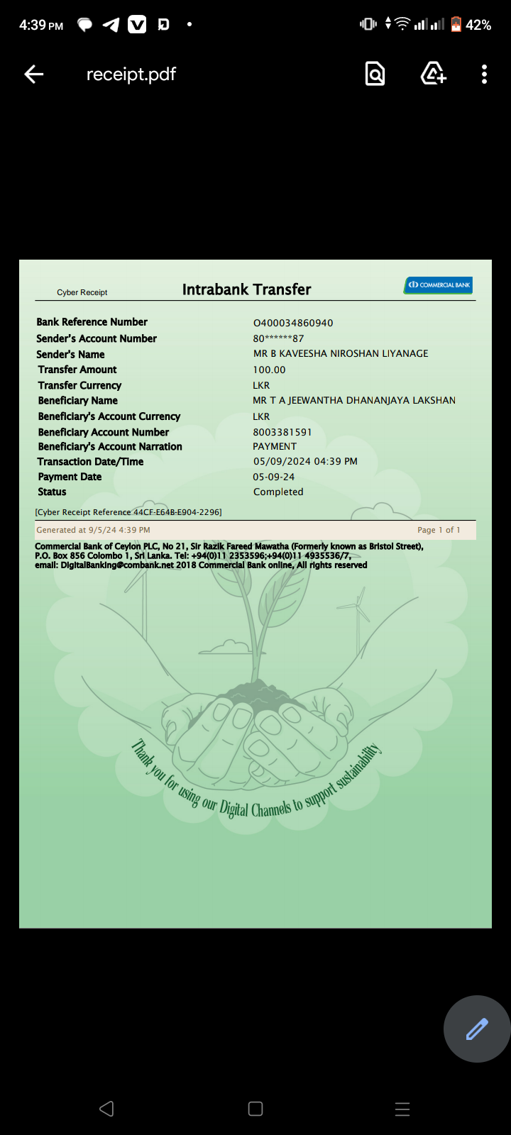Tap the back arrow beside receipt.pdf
[x=33, y=74]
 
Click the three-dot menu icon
[x=484, y=74]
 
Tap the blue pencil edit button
[x=477, y=1029]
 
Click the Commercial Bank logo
[x=439, y=285]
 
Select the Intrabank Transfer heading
[x=246, y=289]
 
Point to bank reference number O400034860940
[x=293, y=323]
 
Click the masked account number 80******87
[x=278, y=338]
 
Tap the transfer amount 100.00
[x=269, y=370]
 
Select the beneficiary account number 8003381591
[x=282, y=432]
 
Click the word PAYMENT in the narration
[x=275, y=446]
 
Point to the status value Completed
[x=278, y=492]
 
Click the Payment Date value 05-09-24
[x=274, y=477]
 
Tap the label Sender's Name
[x=70, y=354]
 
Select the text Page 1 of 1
[x=439, y=530]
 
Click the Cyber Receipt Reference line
[x=128, y=511]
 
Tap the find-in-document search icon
[x=375, y=74]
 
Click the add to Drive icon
[x=433, y=74]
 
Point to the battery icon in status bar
[x=456, y=25]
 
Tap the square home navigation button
[x=255, y=1109]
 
